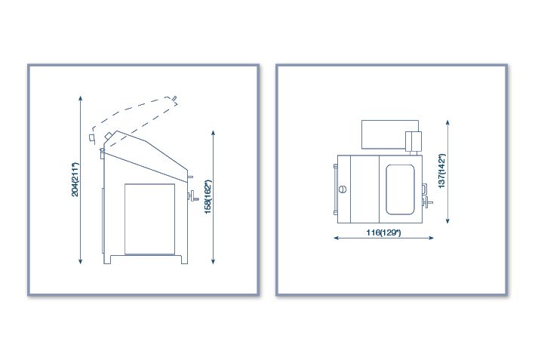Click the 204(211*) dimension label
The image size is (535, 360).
pyautogui.click(x=75, y=180)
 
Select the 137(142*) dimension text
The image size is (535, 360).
pyautogui.click(x=442, y=171)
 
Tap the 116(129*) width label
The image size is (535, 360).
pyautogui.click(x=383, y=232)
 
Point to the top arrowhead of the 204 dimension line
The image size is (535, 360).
pyautogui.click(x=81, y=98)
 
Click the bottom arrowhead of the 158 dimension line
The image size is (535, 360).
pyautogui.click(x=214, y=262)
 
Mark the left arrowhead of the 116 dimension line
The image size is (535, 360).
pyautogui.click(x=336, y=238)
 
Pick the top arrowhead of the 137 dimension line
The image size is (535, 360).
pyautogui.click(x=447, y=122)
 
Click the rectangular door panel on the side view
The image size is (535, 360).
pyautogui.click(x=150, y=219)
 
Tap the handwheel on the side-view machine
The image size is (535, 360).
pyautogui.click(x=193, y=196)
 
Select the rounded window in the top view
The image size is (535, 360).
pyautogui.click(x=400, y=189)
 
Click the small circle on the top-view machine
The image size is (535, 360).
pyautogui.click(x=343, y=189)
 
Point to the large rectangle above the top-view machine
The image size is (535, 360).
pyautogui.click(x=390, y=134)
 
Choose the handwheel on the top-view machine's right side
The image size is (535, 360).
pyautogui.click(x=427, y=202)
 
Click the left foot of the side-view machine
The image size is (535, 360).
pyautogui.click(x=107, y=260)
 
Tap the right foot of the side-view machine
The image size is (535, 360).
pyautogui.click(x=184, y=260)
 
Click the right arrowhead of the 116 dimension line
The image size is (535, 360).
pyautogui.click(x=432, y=238)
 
